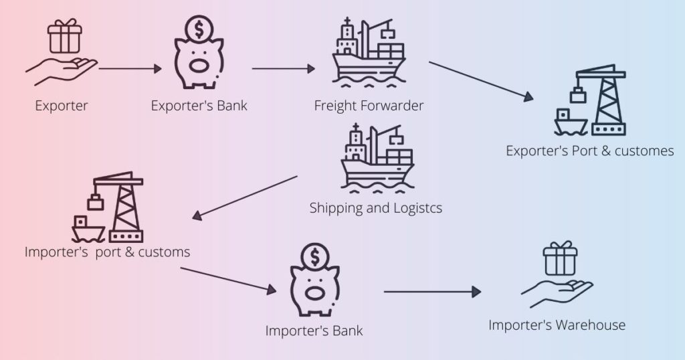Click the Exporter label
tap(61, 105)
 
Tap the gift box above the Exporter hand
tap(64, 37)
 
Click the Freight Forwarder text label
tap(369, 105)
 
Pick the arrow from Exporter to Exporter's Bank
tap(131, 68)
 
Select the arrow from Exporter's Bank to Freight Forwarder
tap(283, 68)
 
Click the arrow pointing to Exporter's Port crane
tap(481, 81)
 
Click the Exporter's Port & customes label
tap(589, 151)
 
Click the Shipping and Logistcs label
tap(375, 208)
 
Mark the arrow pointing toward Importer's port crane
tap(246, 197)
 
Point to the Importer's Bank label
tap(314, 331)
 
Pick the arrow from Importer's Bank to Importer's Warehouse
tap(432, 292)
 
